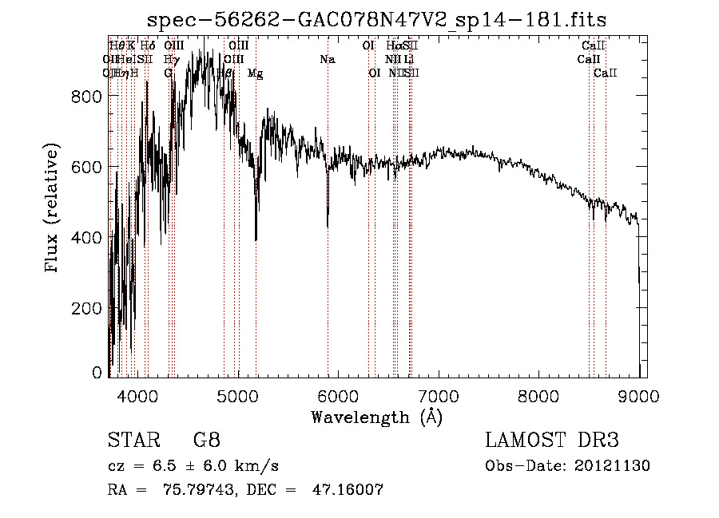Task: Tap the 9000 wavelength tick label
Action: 638,395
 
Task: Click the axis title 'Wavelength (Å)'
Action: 376,416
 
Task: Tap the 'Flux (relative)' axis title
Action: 53,209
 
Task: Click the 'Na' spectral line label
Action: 328,60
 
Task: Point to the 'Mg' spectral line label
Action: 256,73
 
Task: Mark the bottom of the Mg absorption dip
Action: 256,239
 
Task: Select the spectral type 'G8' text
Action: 207,441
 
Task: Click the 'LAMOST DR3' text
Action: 552,441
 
